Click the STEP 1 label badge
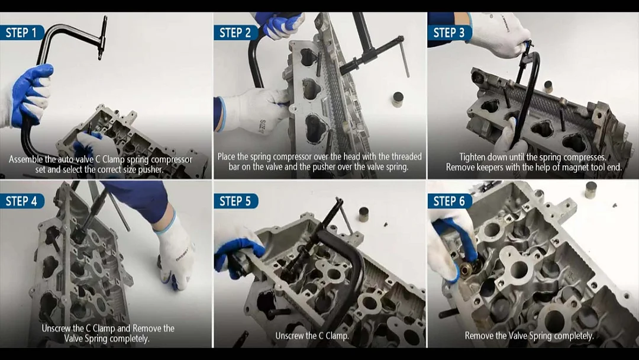[22, 33]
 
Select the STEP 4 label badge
[22, 201]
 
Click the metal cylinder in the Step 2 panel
[398, 99]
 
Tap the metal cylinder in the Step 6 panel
[591, 190]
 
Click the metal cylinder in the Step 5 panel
[363, 214]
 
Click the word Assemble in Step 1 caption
[26, 159]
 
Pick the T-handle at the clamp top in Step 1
[102, 37]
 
